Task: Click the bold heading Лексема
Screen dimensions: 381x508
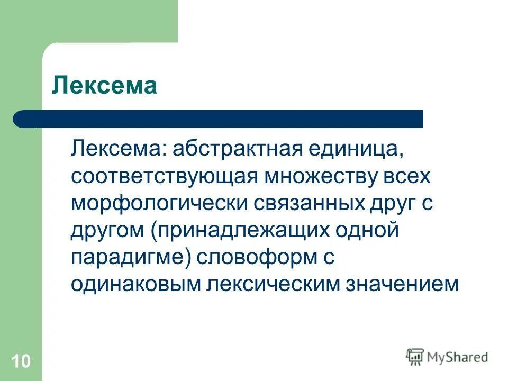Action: pos(104,86)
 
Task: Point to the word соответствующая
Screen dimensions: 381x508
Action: pos(161,176)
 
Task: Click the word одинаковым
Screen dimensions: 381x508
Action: pos(138,285)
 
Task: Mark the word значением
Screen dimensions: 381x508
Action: pos(402,285)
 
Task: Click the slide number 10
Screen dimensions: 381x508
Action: pos(21,361)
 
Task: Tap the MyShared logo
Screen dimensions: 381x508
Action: pos(447,357)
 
